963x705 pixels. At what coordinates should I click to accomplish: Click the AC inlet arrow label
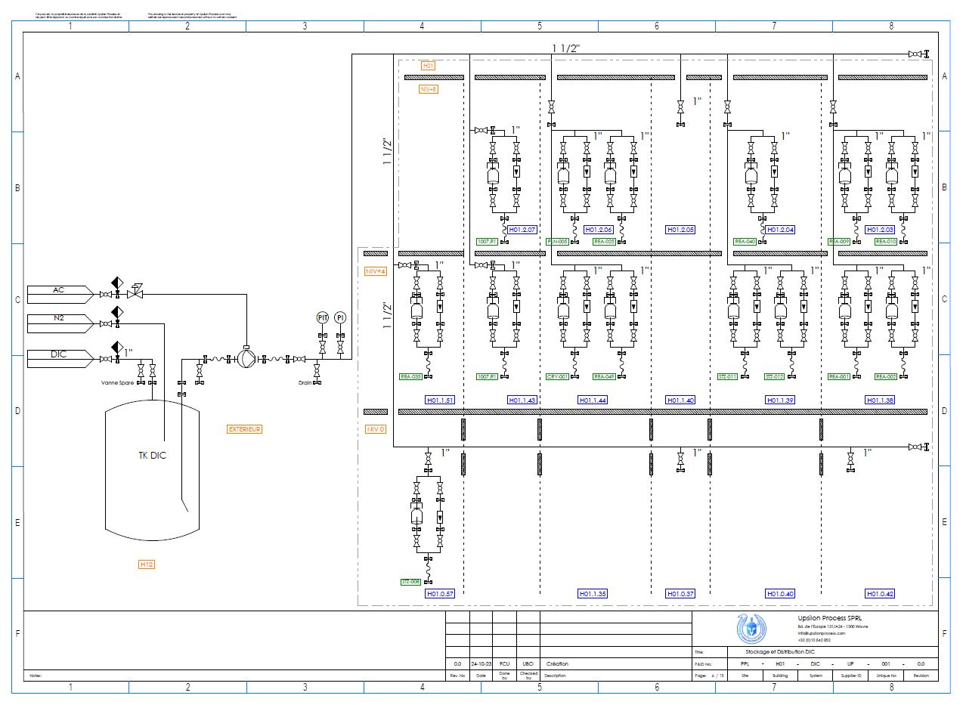[x=59, y=291]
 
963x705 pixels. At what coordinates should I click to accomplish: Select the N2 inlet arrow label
[x=59, y=319]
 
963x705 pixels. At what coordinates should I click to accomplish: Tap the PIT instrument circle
[x=322, y=317]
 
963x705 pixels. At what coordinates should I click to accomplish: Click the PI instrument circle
[x=340, y=317]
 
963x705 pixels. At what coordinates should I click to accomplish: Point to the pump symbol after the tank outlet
[x=246, y=358]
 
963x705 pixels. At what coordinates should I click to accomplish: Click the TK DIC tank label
[x=152, y=456]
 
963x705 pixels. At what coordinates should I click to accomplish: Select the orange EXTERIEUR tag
[x=245, y=429]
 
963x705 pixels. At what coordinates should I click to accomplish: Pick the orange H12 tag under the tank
[x=147, y=564]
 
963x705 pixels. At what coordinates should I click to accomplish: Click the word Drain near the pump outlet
[x=305, y=383]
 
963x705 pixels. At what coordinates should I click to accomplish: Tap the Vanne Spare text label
[x=117, y=383]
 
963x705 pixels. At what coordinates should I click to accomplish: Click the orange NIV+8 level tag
[x=428, y=89]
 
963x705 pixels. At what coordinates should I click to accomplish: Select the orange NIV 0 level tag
[x=376, y=429]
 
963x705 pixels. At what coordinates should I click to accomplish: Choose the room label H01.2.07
[x=522, y=230]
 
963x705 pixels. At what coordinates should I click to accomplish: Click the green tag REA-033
[x=410, y=376]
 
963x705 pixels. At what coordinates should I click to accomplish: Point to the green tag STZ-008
[x=410, y=582]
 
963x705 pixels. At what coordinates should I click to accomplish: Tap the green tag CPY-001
[x=557, y=376]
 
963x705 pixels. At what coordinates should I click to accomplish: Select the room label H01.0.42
[x=880, y=594]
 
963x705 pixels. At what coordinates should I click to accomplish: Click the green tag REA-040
[x=745, y=242]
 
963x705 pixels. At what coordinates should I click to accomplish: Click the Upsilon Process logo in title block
[x=751, y=629]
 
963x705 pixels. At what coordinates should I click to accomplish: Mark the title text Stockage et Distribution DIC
[x=769, y=651]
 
